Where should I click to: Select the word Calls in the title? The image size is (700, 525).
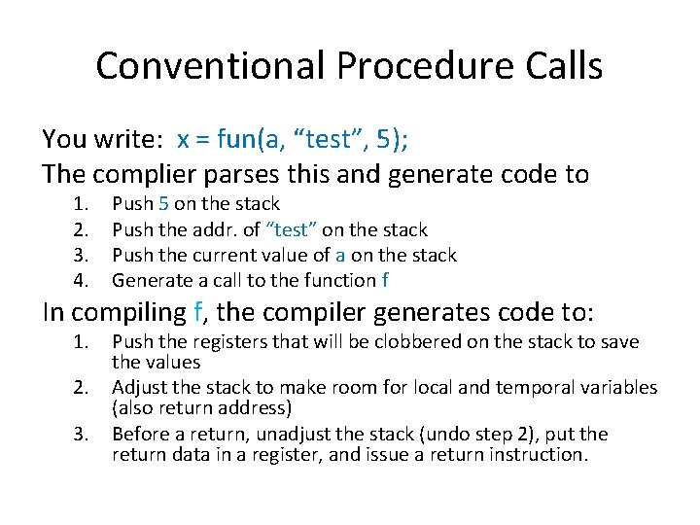(563, 66)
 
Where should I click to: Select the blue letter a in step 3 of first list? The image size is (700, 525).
(339, 255)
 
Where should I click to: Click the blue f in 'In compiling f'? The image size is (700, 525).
(199, 315)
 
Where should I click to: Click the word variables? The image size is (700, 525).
(619, 388)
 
